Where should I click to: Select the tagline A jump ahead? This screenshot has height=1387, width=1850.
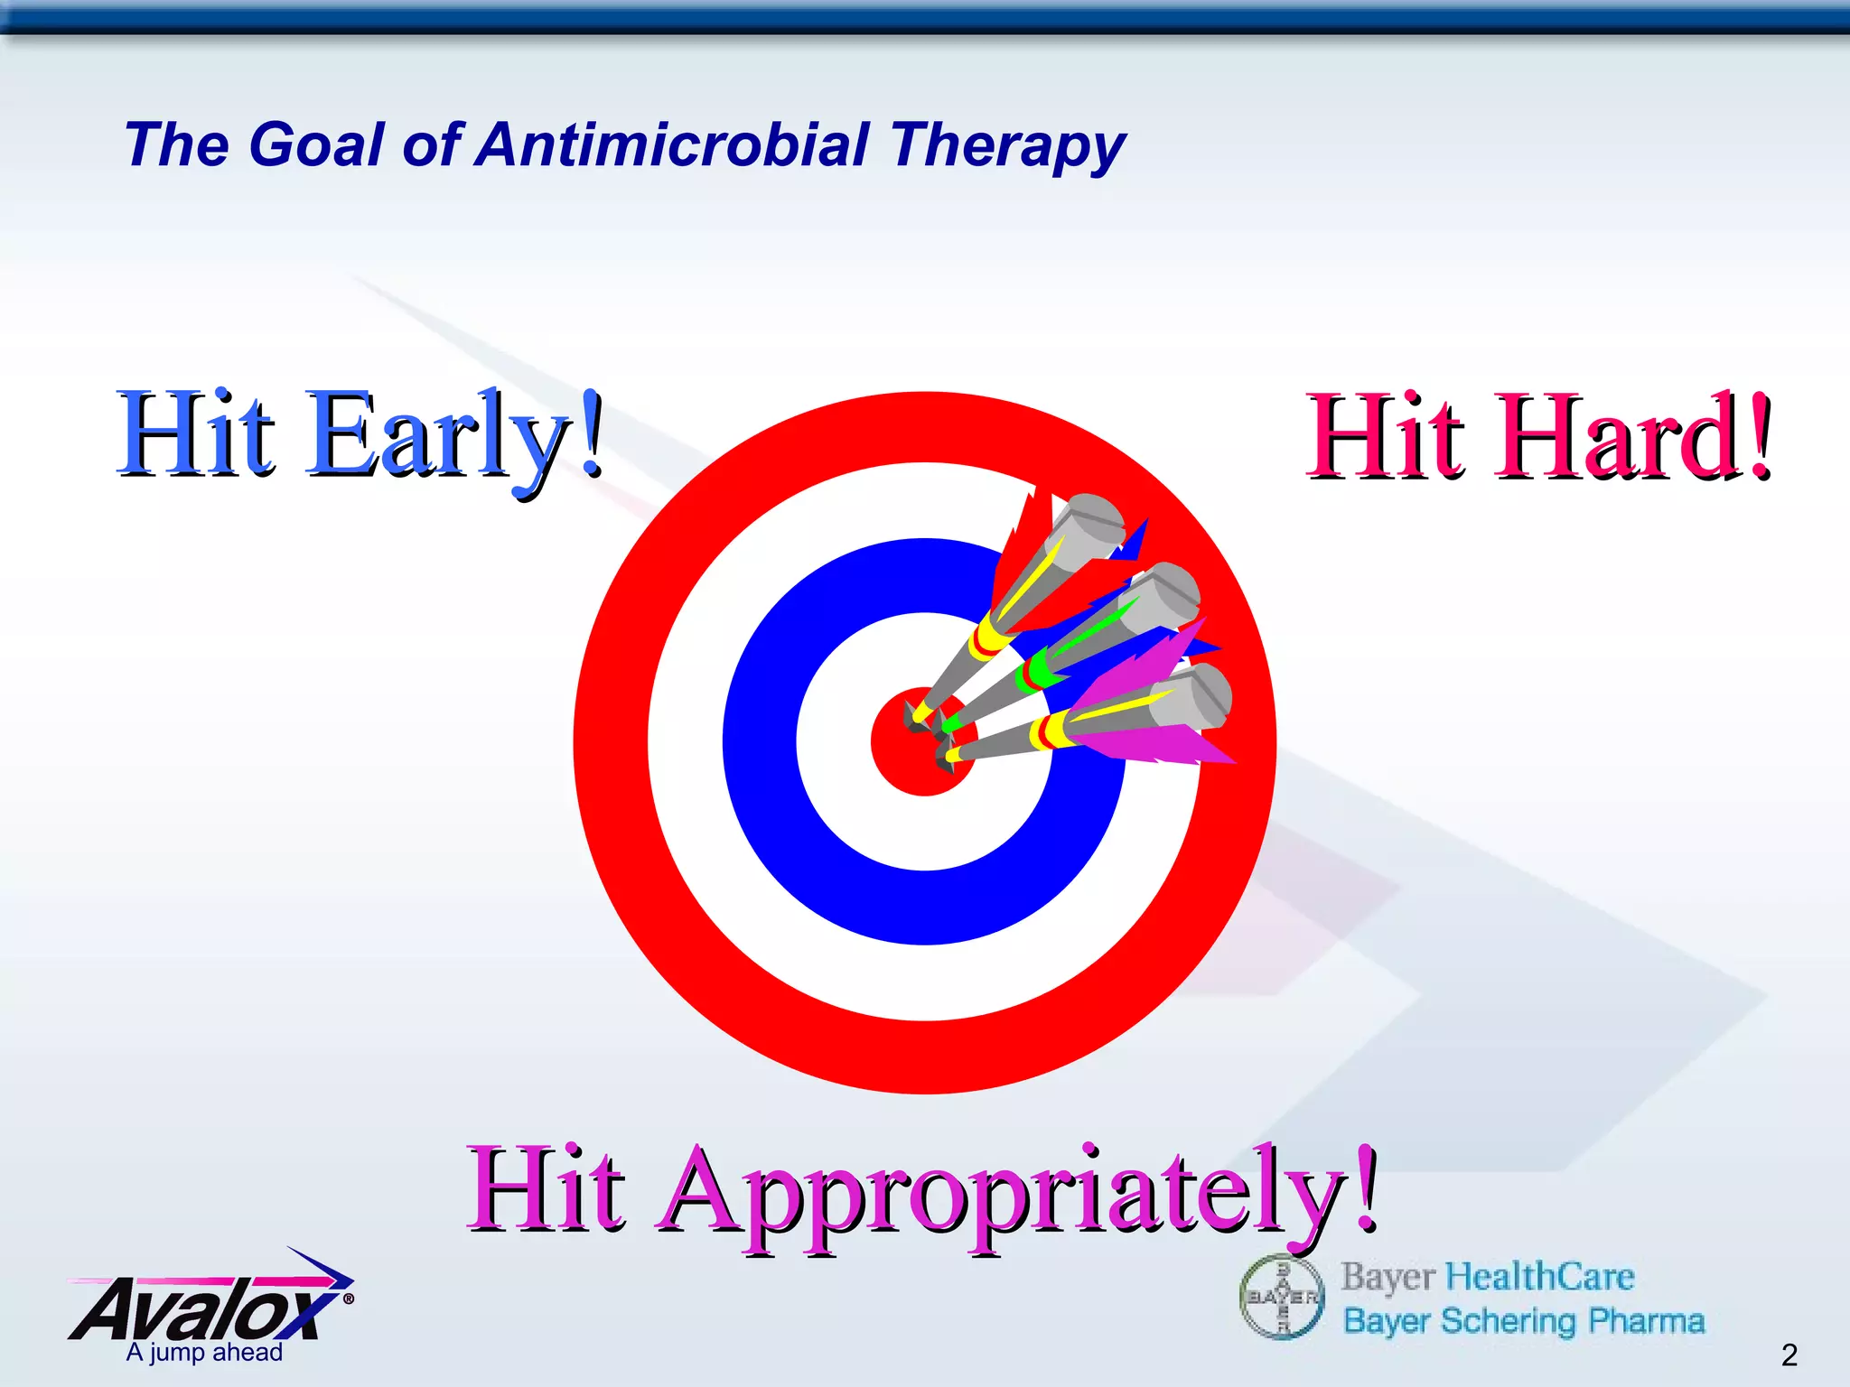[204, 1353]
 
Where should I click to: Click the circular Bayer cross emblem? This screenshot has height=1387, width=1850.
[1282, 1297]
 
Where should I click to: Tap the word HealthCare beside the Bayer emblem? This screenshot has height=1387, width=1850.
[1539, 1277]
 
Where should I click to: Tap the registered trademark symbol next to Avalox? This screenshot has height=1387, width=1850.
[349, 1299]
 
